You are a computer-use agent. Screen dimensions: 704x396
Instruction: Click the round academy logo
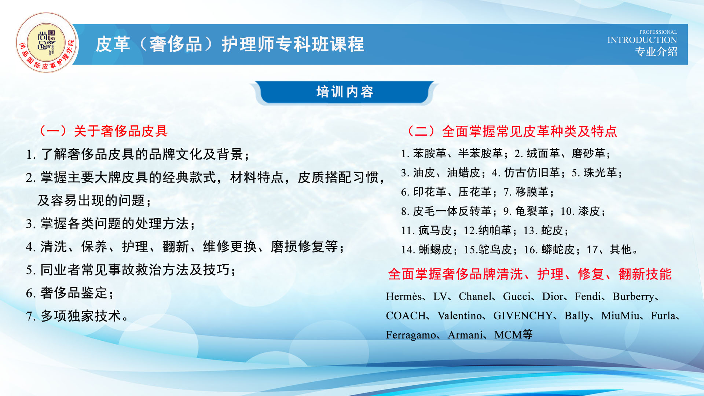[x=47, y=43]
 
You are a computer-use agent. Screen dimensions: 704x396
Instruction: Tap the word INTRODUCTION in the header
[x=642, y=40]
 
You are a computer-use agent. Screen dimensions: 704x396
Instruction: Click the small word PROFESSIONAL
[x=658, y=32]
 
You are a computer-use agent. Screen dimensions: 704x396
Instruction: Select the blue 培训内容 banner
[x=344, y=92]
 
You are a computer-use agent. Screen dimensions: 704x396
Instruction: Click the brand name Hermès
[x=404, y=296]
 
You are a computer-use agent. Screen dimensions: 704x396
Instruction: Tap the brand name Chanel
[x=475, y=296]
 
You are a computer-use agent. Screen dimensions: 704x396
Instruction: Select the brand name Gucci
[x=516, y=296]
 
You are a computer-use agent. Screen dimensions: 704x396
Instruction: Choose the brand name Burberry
[x=633, y=297]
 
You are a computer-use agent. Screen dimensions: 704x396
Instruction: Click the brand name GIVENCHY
[x=523, y=316]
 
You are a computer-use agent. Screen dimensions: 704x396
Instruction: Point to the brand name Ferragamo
[x=411, y=335]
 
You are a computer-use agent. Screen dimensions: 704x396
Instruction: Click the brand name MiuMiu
[x=620, y=316]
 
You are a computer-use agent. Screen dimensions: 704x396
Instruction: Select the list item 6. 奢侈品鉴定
[x=70, y=293]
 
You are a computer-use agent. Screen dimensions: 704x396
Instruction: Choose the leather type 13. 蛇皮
[x=546, y=231]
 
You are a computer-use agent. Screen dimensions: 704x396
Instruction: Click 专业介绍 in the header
[x=656, y=52]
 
